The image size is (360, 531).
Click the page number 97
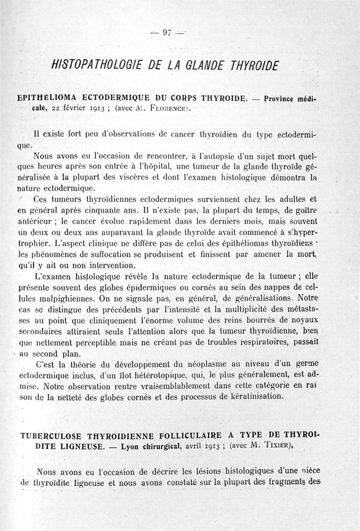[166, 32]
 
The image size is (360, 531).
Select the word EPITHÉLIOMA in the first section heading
[46, 98]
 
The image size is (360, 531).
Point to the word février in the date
[76, 108]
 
